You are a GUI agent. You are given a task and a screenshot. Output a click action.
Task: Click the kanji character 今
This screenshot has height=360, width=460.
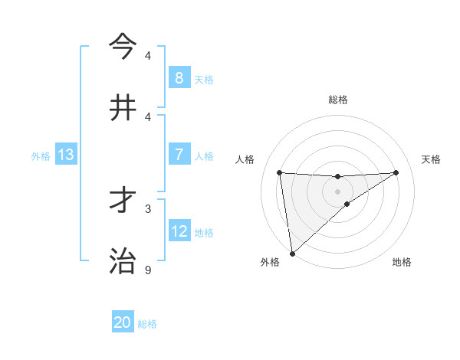point(123,45)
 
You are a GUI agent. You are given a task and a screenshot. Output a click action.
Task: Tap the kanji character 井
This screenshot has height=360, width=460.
point(123,106)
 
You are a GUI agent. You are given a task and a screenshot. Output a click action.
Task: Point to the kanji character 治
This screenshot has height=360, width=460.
point(123,260)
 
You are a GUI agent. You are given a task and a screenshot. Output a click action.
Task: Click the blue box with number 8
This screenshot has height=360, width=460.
point(179,77)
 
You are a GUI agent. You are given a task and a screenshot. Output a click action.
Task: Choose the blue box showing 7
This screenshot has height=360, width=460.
point(179,155)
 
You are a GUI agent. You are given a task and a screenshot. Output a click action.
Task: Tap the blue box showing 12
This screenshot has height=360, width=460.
point(179,231)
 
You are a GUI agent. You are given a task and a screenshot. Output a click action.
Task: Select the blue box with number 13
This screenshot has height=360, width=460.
point(66,155)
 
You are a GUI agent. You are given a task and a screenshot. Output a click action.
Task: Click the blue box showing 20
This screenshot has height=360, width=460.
point(123,322)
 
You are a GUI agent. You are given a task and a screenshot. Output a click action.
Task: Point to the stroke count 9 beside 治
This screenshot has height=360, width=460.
point(148,270)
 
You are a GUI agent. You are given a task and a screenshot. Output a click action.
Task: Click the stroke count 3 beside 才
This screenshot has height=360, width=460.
point(148,208)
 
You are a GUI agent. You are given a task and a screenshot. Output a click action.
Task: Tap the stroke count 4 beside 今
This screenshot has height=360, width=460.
point(148,55)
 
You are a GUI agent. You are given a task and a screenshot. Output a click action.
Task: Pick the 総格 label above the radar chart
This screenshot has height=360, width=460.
point(338,100)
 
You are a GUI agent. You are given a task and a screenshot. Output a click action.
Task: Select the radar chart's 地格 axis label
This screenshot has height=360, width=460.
point(402,262)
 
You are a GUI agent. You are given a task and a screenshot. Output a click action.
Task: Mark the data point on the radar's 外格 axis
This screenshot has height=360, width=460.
point(292,253)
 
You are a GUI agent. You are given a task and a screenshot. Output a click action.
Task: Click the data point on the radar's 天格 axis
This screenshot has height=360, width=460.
point(396,172)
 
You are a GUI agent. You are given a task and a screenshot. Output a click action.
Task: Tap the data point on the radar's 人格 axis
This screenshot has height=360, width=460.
point(280,172)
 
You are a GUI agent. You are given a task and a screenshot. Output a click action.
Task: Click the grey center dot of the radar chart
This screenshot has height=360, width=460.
point(338,191)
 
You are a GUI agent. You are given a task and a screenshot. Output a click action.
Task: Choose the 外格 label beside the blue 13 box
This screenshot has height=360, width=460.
point(41,155)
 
